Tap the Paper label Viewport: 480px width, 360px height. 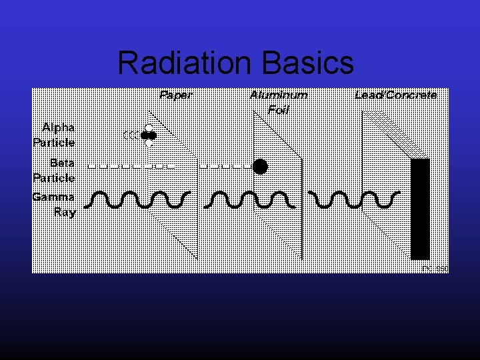[x=175, y=95]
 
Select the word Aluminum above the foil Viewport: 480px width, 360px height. [x=279, y=95]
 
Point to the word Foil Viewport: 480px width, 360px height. [x=278, y=109]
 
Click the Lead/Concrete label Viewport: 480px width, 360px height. [x=396, y=95]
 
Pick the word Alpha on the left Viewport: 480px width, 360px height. [x=58, y=127]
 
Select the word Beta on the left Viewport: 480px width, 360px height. [x=62, y=163]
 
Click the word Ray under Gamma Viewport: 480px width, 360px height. [x=65, y=213]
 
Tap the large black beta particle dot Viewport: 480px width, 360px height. [x=260, y=167]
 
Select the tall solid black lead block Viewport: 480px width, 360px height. [x=420, y=209]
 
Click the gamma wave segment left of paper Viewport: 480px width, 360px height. [x=140, y=199]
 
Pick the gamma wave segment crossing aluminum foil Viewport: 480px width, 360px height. [x=250, y=199]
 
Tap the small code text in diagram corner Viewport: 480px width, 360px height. [x=435, y=269]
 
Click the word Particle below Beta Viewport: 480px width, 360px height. [x=54, y=178]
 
